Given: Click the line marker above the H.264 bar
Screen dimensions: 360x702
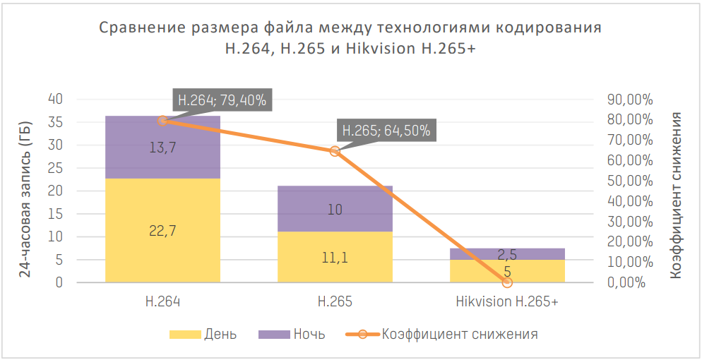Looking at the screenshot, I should (162, 121).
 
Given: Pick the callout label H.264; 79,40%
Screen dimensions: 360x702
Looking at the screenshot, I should (222, 100).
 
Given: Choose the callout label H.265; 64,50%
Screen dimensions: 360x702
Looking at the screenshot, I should (385, 131).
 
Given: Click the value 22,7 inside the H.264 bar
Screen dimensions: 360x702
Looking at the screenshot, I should (162, 232).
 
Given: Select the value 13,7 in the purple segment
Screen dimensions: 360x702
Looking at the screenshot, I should (162, 148).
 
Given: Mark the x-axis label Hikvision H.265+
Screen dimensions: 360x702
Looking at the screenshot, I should (506, 302).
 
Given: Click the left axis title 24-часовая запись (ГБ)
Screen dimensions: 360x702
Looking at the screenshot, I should (25, 191).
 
